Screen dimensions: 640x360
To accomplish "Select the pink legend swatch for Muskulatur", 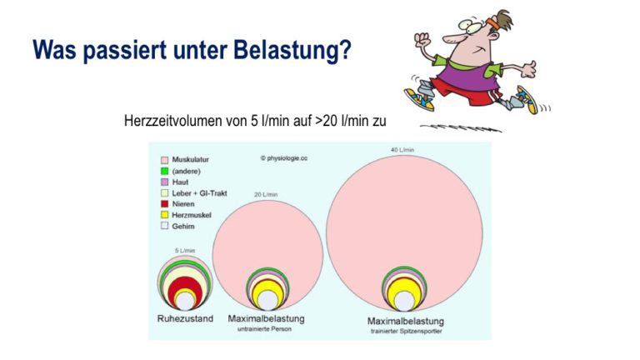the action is pyautogui.click(x=164, y=160).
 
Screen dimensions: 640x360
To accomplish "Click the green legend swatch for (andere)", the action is pyautogui.click(x=164, y=172).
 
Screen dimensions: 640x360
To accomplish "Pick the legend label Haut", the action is pyautogui.click(x=180, y=182).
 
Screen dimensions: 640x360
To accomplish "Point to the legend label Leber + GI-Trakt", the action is pyautogui.click(x=199, y=193).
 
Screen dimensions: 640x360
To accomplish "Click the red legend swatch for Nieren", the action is pyautogui.click(x=164, y=203).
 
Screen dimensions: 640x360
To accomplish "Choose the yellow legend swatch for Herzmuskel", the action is pyautogui.click(x=164, y=215).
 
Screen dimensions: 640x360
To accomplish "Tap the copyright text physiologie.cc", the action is pyautogui.click(x=284, y=158).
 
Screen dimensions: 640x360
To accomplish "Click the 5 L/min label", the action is pyautogui.click(x=185, y=250).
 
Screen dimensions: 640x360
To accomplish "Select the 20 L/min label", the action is pyautogui.click(x=266, y=194).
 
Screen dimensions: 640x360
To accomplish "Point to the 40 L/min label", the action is pyautogui.click(x=402, y=150).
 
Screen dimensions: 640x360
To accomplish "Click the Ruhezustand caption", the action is pyautogui.click(x=185, y=318).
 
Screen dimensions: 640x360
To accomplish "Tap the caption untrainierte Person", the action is pyautogui.click(x=264, y=329).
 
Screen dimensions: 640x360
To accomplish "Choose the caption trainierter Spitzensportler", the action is pyautogui.click(x=406, y=331).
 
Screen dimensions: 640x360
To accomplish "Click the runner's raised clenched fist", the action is pyautogui.click(x=422, y=40).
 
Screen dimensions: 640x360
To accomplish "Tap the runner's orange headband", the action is pyautogui.click(x=492, y=22).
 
